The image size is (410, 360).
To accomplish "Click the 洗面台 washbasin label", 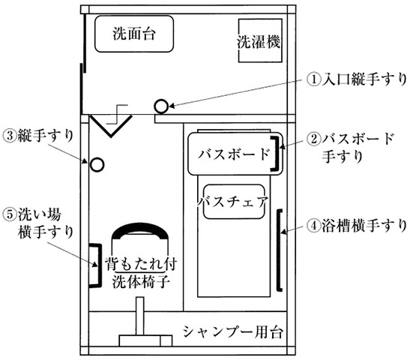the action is (x=134, y=34).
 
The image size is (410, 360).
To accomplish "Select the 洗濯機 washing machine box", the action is (x=260, y=40).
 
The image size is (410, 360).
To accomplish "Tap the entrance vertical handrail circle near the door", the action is (x=161, y=106).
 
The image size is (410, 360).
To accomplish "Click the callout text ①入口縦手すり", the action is (x=357, y=79).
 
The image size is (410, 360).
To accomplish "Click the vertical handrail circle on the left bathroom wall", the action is (x=97, y=165).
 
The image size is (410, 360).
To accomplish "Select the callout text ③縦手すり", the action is (x=38, y=136).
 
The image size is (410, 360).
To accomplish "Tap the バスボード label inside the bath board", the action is (x=234, y=154).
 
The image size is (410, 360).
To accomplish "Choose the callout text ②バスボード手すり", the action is (x=350, y=148).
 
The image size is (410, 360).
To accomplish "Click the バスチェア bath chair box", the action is (x=234, y=202).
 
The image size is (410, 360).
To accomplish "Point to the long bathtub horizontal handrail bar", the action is (x=279, y=250).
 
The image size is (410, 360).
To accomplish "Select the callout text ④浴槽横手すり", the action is (x=357, y=225).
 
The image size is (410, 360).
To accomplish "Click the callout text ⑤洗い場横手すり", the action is (x=38, y=223).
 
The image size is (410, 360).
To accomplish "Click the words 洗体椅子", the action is (x=141, y=282).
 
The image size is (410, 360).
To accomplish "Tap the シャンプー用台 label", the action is (x=232, y=331).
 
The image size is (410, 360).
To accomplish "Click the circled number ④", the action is (x=313, y=226).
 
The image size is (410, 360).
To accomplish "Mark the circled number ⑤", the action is (x=10, y=215).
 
